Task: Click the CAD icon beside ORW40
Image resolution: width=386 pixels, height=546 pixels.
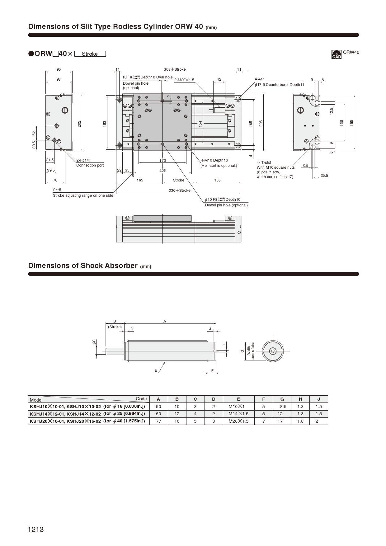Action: click(x=337, y=54)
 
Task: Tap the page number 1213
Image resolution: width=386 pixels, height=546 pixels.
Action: click(x=36, y=530)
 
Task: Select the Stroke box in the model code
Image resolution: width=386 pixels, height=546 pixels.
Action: click(x=90, y=54)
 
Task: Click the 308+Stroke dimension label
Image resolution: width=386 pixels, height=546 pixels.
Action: click(x=175, y=69)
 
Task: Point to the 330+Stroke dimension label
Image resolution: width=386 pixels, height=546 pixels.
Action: click(x=180, y=190)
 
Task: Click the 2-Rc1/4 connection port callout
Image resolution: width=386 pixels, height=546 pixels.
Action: click(x=83, y=160)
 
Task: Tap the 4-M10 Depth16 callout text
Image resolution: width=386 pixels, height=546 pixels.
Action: click(x=214, y=160)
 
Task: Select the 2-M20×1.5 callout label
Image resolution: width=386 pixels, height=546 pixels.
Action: click(x=184, y=80)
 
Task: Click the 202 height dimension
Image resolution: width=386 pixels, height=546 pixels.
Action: click(x=79, y=124)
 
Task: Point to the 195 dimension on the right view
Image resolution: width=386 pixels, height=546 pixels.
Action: click(x=352, y=123)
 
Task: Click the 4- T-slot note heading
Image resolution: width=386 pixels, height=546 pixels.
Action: click(x=264, y=162)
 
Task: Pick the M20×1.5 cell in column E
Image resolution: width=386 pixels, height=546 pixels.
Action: click(x=238, y=421)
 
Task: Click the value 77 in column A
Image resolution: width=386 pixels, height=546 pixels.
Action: click(x=158, y=421)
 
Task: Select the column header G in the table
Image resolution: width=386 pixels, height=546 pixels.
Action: click(x=282, y=399)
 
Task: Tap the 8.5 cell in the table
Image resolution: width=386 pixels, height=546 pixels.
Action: click(x=283, y=407)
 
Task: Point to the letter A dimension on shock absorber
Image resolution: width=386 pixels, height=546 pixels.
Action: click(x=165, y=321)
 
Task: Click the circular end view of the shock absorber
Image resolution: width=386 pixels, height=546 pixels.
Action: click(x=273, y=351)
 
